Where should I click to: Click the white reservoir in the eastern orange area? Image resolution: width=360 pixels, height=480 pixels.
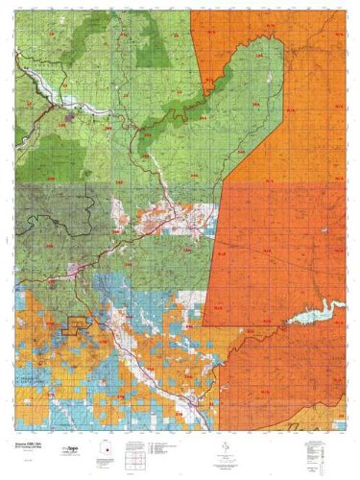tap(318, 311)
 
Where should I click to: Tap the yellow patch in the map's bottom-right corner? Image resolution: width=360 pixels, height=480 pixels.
tap(331, 415)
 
